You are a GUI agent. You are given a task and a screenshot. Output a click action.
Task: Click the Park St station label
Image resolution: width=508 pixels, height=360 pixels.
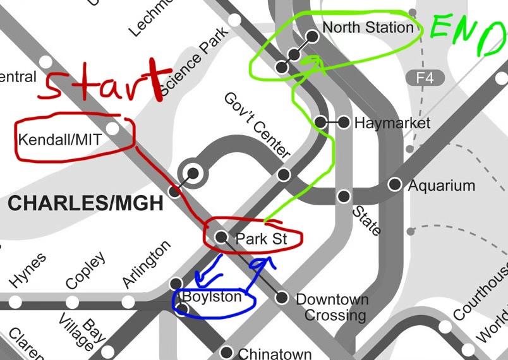(x=261, y=239)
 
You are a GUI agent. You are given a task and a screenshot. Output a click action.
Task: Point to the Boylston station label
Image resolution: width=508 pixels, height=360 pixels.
(x=212, y=297)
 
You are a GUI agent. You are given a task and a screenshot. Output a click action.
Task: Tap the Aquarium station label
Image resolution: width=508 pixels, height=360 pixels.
(x=441, y=186)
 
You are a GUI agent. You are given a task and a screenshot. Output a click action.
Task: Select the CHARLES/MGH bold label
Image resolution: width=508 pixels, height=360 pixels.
(x=85, y=203)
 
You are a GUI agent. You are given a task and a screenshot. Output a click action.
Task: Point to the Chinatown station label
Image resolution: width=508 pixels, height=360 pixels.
(x=274, y=354)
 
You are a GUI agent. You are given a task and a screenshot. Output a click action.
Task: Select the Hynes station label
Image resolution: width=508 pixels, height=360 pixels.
(x=28, y=271)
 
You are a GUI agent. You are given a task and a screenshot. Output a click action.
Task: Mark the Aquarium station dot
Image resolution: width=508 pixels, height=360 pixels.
(x=395, y=184)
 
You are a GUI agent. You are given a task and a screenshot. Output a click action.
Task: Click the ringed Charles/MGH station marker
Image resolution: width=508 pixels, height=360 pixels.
(x=190, y=172)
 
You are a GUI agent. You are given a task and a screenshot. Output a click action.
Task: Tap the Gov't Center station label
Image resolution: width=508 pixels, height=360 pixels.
(x=257, y=126)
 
